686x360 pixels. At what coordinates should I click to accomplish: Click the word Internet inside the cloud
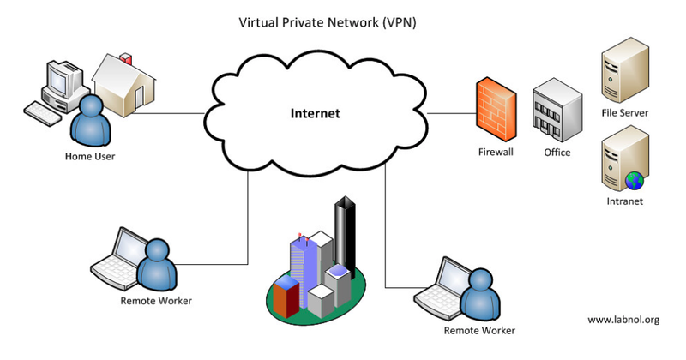(x=315, y=112)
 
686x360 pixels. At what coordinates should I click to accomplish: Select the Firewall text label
(x=495, y=153)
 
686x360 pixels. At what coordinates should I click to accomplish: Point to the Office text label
(x=557, y=153)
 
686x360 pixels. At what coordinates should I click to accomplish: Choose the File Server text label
(x=624, y=112)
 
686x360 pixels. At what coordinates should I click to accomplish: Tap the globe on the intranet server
(x=634, y=179)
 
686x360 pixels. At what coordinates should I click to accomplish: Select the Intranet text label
(x=624, y=201)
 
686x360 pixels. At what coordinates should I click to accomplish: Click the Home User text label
(x=89, y=156)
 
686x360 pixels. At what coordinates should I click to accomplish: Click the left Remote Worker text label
(x=156, y=301)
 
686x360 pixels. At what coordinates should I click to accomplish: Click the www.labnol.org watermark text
(x=623, y=320)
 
